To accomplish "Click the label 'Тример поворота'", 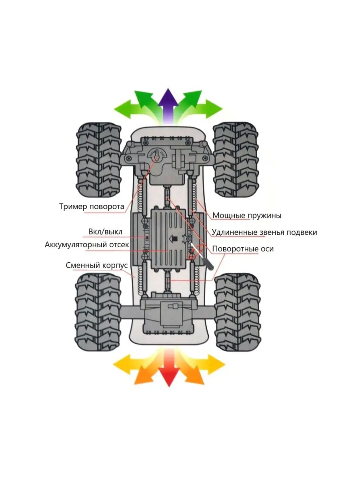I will [x=92, y=207].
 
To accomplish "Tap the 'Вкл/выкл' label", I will [x=105, y=232].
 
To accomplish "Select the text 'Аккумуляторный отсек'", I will [x=87, y=244].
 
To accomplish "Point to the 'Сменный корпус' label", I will [x=96, y=265].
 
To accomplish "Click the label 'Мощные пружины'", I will [x=247, y=216].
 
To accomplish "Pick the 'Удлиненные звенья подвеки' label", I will [x=264, y=232].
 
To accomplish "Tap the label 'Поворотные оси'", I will [x=243, y=249].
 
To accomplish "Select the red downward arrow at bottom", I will [x=169, y=372].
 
